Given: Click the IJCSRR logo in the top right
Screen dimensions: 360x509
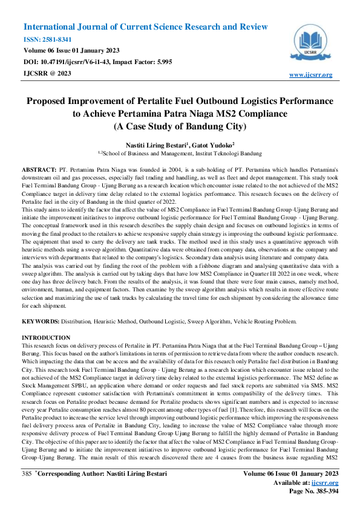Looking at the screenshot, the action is [312, 44].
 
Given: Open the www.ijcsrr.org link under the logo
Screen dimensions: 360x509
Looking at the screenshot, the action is [311, 74].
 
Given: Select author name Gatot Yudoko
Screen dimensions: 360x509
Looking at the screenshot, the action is [214, 144].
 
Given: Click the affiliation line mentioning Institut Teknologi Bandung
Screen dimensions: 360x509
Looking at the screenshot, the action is [180, 155].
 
